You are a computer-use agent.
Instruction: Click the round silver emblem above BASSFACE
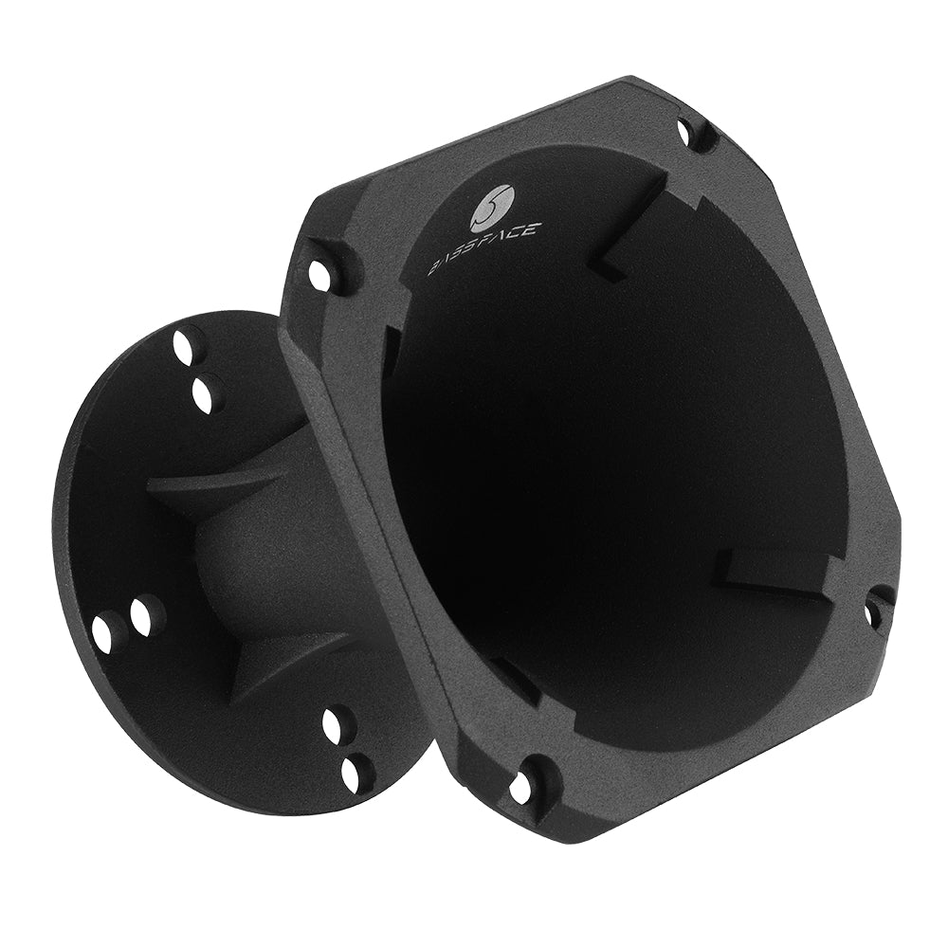492,206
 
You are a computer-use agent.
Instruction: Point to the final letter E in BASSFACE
528,228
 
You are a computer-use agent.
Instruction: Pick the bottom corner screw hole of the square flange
521,786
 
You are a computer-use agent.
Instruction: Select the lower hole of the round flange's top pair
205,392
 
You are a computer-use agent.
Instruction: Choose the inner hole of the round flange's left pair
144,616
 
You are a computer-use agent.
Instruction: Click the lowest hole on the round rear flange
354,775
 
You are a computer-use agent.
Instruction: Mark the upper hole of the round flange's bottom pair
335,725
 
